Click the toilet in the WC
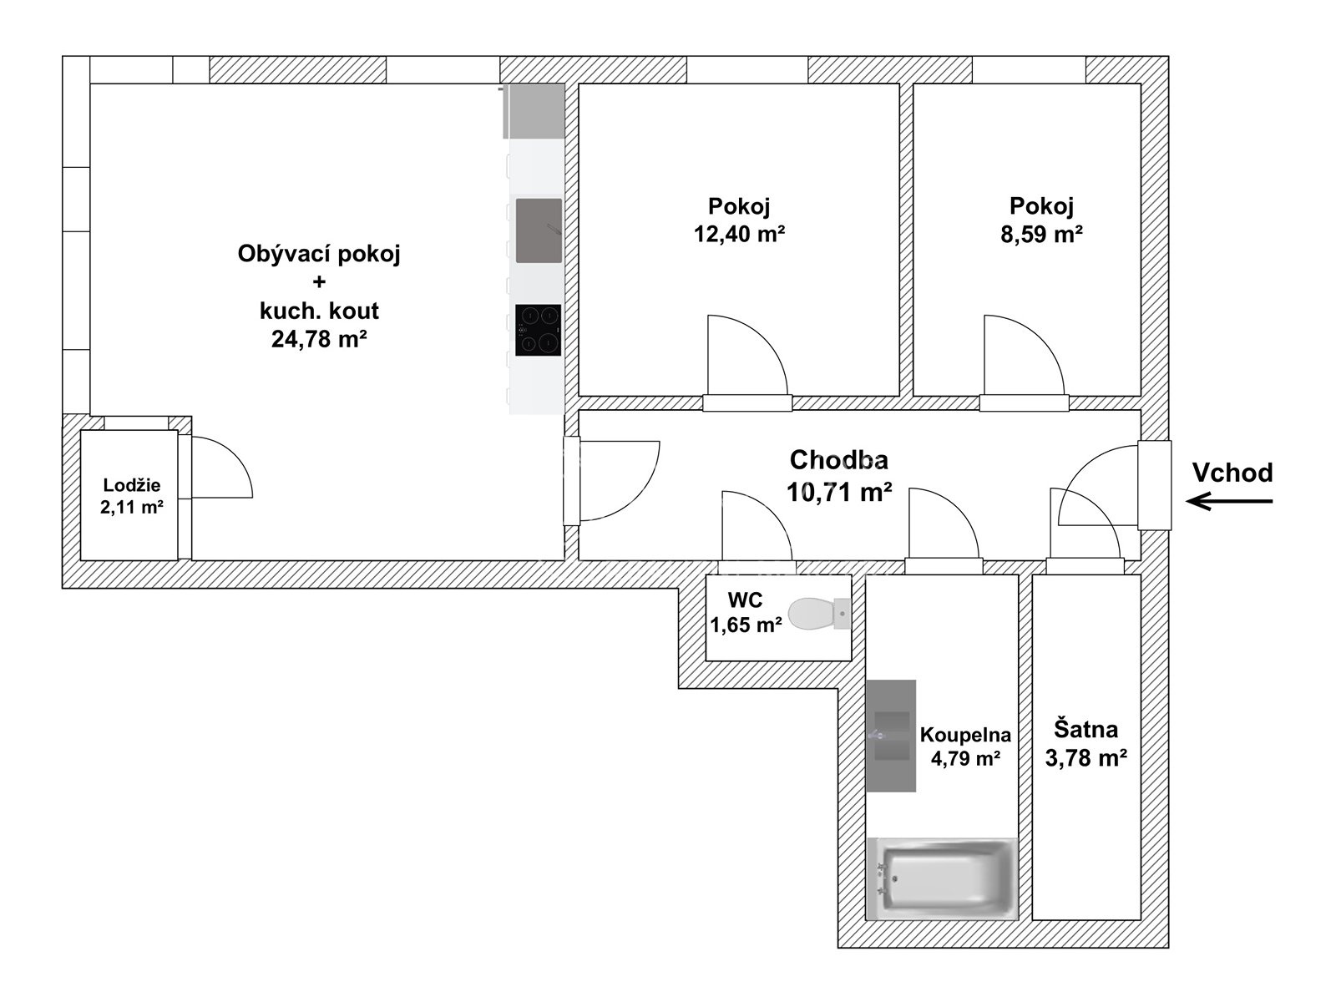(x=819, y=613)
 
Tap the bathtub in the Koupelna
(x=942, y=878)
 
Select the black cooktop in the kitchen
(x=538, y=330)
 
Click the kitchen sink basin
(x=539, y=230)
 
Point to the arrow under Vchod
(x=1229, y=501)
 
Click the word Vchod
(x=1232, y=473)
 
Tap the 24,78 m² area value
(x=319, y=339)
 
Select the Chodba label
(x=838, y=460)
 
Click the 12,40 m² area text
(x=739, y=234)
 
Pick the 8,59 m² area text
(x=1041, y=234)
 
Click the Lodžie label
(x=132, y=485)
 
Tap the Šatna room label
(x=1085, y=729)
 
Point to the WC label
(x=745, y=600)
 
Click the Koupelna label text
(x=965, y=735)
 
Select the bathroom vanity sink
(x=891, y=736)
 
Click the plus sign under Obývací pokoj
(x=319, y=281)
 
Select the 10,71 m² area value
(x=839, y=492)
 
